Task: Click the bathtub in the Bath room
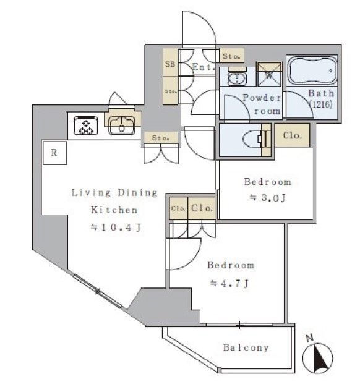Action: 312,70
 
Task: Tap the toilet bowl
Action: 255,140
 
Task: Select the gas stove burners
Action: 86,125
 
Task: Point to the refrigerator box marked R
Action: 55,153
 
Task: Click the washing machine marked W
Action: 269,74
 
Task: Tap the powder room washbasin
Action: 237,77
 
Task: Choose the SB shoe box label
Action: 170,64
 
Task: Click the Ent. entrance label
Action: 204,67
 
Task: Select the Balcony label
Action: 246,348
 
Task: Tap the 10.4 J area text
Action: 116,228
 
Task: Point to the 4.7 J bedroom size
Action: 229,283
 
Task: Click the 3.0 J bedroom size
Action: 268,198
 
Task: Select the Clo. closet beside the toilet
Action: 293,135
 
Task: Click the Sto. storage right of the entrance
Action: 231,56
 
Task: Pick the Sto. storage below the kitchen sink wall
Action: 161,138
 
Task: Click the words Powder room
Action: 262,104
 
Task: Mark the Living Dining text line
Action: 114,192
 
